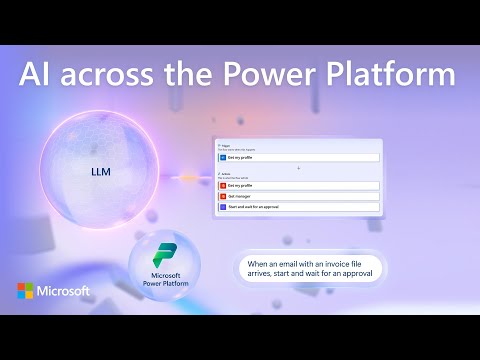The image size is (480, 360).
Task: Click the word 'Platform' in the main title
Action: pos(391,76)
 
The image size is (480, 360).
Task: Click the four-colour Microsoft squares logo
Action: pos(25,291)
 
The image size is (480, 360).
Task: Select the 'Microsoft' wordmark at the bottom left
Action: pos(65,291)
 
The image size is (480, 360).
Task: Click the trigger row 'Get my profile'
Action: pos(298,158)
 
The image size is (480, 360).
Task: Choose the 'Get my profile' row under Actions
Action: pos(298,186)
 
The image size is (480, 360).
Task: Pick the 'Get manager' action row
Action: pos(298,197)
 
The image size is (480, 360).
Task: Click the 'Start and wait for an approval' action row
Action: pos(298,208)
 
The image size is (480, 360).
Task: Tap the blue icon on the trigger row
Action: pos(223,158)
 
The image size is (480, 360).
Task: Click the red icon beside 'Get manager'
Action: pos(223,197)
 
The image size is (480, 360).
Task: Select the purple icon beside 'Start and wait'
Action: pos(223,208)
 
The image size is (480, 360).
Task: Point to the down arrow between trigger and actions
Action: pos(298,168)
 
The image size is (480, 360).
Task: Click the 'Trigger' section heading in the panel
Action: pos(224,145)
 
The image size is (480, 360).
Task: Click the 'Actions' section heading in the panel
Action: pos(225,174)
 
